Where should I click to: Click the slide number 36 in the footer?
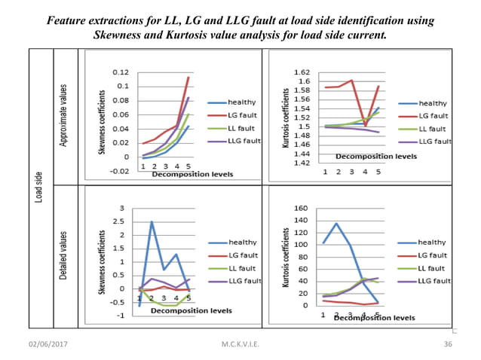tap(446, 344)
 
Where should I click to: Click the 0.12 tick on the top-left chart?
tap(119, 72)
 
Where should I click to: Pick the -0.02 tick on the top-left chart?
tap(118, 171)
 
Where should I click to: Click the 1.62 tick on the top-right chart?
tap(301, 72)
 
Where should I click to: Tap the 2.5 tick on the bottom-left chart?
tap(117, 221)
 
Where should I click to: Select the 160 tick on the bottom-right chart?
tap(301, 208)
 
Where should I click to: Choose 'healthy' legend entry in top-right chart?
tap(432, 102)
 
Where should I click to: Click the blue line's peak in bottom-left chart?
tap(152, 221)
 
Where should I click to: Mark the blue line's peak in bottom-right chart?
tap(336, 223)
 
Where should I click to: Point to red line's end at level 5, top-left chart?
tap(188, 77)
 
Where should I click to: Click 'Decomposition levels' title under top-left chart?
tap(192, 174)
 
